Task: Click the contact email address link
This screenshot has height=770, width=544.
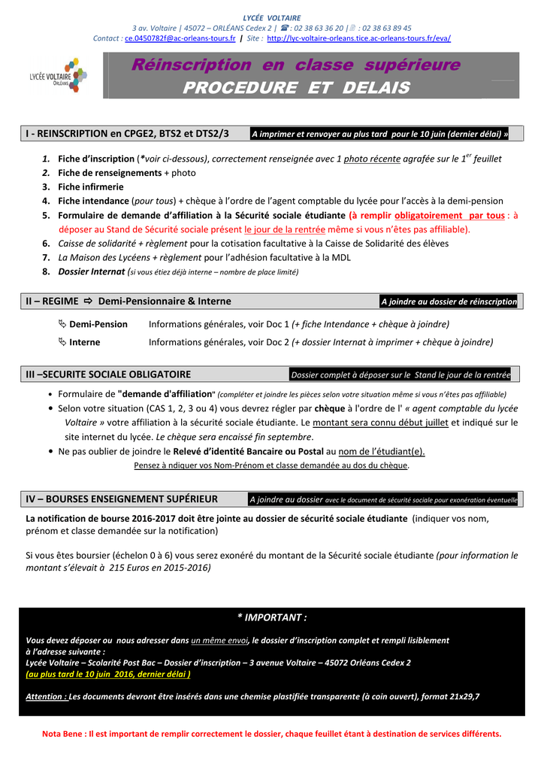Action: (180, 38)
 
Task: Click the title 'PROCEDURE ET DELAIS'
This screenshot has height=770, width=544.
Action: (296, 88)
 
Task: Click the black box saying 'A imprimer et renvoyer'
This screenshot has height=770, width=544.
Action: (379, 135)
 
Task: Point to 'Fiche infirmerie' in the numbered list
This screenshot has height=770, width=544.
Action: (91, 186)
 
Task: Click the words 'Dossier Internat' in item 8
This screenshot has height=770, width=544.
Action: (92, 271)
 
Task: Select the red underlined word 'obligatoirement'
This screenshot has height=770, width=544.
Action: (428, 215)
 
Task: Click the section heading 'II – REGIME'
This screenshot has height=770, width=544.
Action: (52, 301)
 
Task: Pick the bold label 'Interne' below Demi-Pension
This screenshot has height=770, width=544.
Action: (85, 342)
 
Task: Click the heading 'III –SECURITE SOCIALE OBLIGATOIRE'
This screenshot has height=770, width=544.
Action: (108, 374)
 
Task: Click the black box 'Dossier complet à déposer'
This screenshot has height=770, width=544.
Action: (400, 374)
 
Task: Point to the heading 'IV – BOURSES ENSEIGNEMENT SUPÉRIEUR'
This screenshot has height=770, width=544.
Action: (122, 499)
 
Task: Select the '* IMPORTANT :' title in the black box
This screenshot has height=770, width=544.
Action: (272, 617)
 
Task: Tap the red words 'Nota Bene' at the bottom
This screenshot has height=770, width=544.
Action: (63, 733)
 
